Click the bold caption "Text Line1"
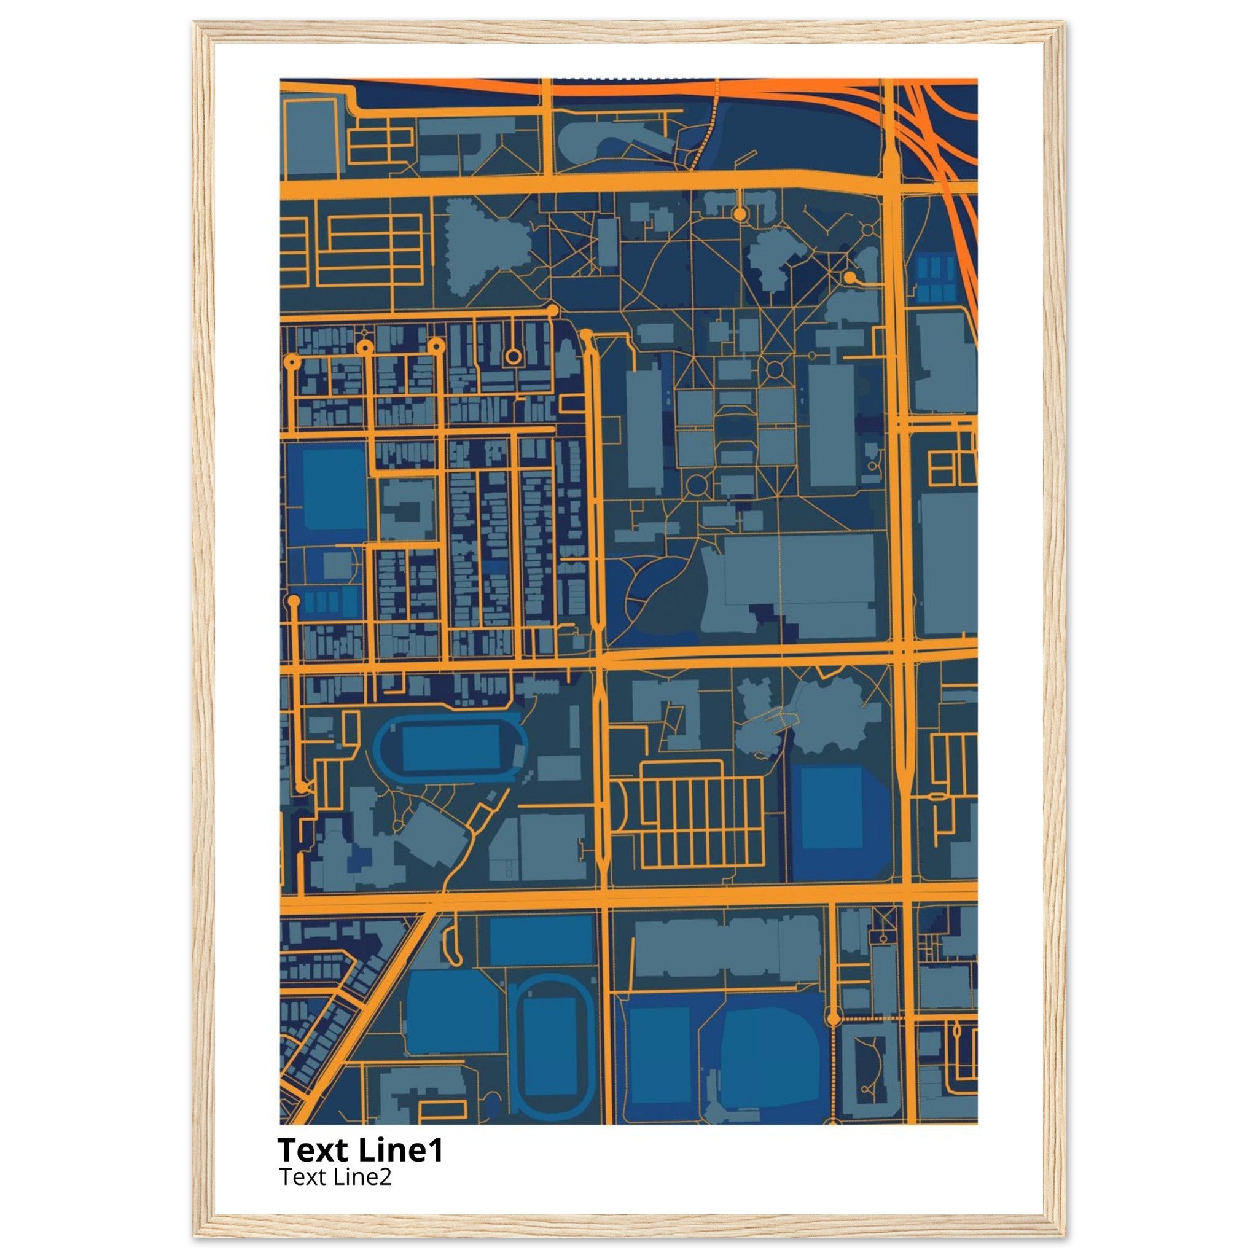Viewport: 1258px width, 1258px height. click(x=360, y=1150)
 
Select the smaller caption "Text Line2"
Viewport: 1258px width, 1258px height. click(x=335, y=1176)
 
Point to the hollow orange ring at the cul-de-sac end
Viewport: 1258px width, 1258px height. click(x=514, y=356)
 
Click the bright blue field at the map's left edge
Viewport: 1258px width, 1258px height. click(x=334, y=489)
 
